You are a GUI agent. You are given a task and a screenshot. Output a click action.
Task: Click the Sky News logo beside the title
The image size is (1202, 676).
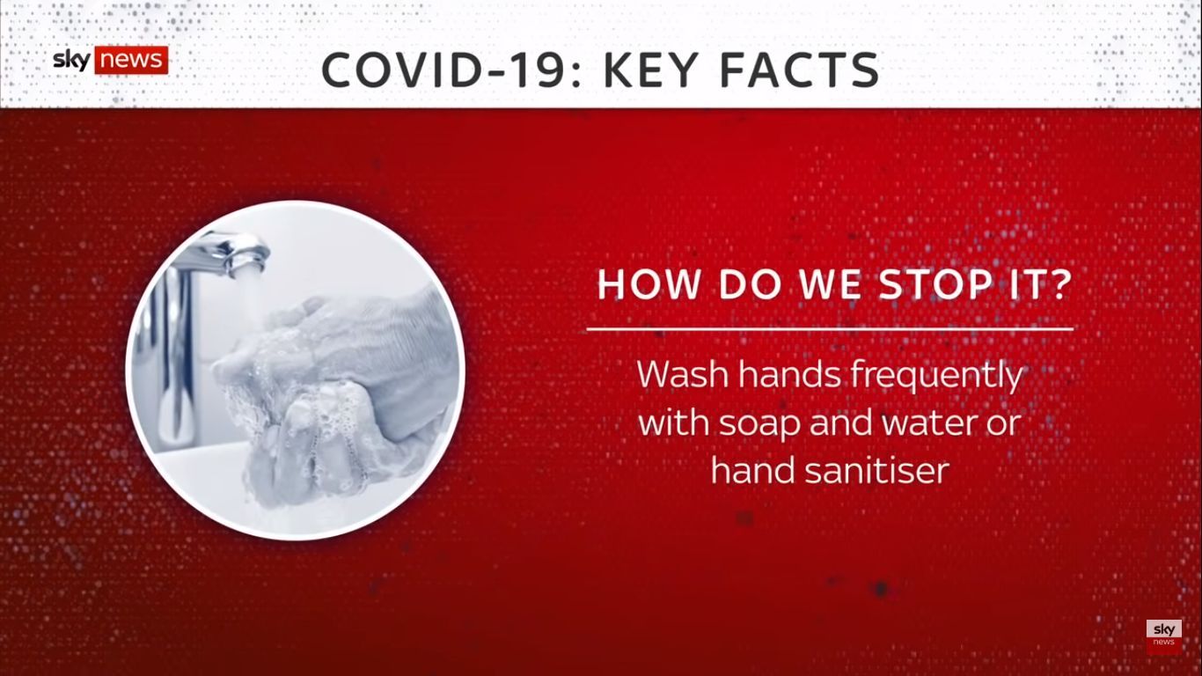tap(111, 60)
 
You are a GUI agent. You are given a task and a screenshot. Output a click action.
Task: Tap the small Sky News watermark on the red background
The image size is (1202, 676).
tap(1164, 636)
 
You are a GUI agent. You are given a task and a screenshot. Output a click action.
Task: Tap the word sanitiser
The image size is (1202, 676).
tap(876, 470)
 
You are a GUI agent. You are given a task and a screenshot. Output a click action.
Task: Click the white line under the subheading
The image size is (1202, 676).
tap(830, 329)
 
